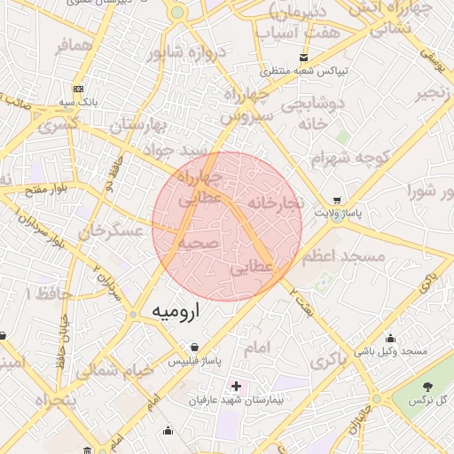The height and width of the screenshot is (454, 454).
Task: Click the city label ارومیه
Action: pyautogui.click(x=176, y=311)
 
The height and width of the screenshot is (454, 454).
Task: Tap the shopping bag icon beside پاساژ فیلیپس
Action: pyautogui.click(x=193, y=347)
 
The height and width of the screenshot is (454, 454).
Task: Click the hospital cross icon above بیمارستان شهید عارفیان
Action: pyautogui.click(x=235, y=386)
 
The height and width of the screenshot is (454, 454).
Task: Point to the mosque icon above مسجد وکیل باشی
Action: pyautogui.click(x=390, y=337)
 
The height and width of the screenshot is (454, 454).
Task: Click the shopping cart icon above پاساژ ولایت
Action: pyautogui.click(x=337, y=200)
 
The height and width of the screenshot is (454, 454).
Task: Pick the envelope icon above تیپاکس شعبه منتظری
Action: pyautogui.click(x=305, y=57)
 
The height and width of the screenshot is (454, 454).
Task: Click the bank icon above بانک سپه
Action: pyautogui.click(x=79, y=89)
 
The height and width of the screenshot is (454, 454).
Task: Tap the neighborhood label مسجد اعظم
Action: pyautogui.click(x=343, y=257)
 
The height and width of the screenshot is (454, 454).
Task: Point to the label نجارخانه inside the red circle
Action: pyautogui.click(x=276, y=203)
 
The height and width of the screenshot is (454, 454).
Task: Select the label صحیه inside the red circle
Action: pyautogui.click(x=198, y=242)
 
